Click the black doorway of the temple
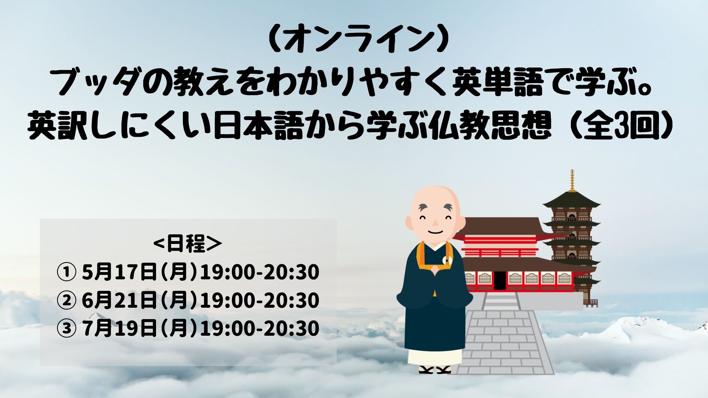pos(499,280)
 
